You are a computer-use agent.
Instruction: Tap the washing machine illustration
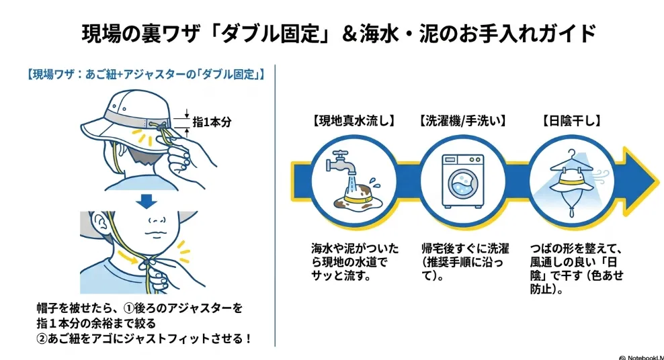pyautogui.click(x=462, y=181)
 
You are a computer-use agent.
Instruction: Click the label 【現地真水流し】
pyautogui.click(x=354, y=121)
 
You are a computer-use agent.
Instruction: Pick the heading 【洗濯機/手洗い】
pyautogui.click(x=463, y=121)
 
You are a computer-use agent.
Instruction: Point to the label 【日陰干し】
pyautogui.click(x=572, y=121)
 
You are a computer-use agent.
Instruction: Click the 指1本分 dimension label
pyautogui.click(x=212, y=122)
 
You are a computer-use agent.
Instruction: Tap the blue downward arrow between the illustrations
pyautogui.click(x=147, y=201)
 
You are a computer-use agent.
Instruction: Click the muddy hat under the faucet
pyautogui.click(x=358, y=198)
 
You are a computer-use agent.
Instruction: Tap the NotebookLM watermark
pyautogui.click(x=641, y=357)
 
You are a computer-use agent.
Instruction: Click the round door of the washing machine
pyautogui.click(x=463, y=185)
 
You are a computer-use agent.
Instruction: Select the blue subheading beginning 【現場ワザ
pyautogui.click(x=146, y=75)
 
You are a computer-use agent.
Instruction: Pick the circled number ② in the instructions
pyautogui.click(x=42, y=339)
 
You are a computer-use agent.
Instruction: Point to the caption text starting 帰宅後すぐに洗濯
pyautogui.click(x=465, y=262)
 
